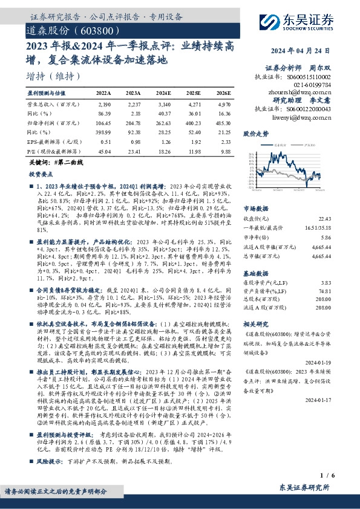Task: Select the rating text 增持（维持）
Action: (x=53, y=77)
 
